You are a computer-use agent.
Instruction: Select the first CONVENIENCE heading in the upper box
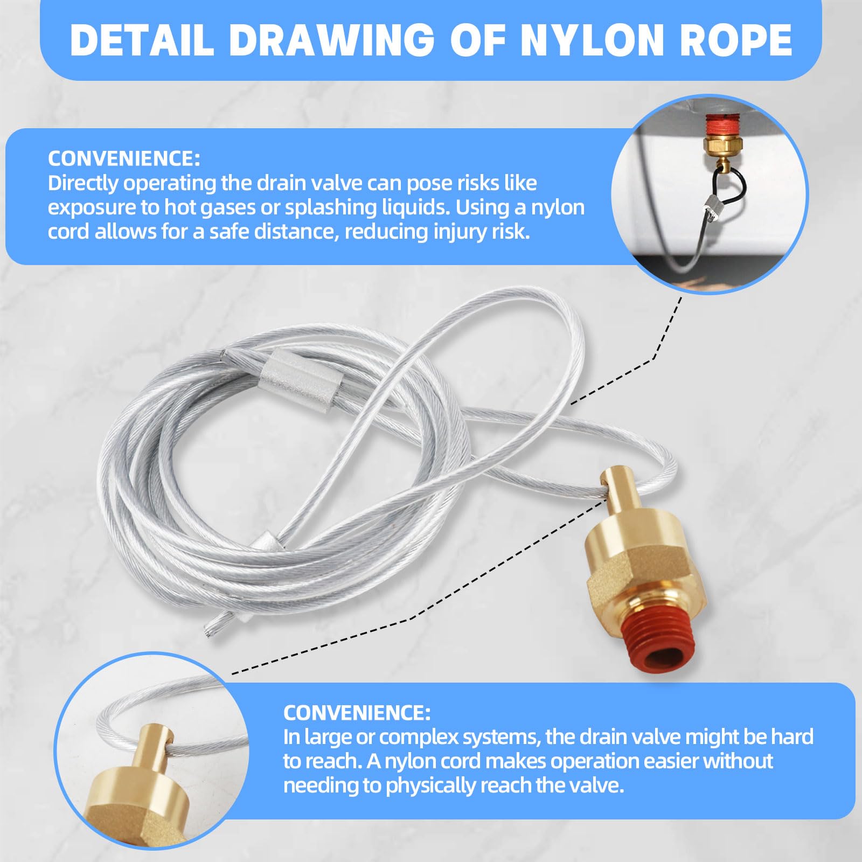[124, 158]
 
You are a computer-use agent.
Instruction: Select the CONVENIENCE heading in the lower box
[357, 713]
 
